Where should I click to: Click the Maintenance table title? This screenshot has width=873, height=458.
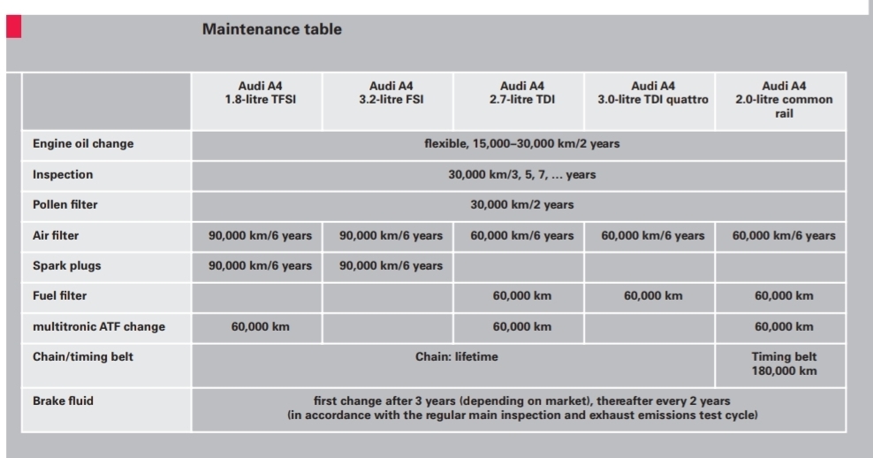271,29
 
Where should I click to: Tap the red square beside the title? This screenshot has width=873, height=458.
14,27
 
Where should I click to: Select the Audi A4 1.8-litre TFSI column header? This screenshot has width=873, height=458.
260,93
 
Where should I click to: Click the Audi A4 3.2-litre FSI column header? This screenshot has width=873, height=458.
391,93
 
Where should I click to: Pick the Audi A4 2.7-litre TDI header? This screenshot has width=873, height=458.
521,93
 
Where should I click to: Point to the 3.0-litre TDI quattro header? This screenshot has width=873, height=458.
652,93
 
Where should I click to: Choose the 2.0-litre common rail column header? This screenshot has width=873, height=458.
784,99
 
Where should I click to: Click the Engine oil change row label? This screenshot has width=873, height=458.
83,144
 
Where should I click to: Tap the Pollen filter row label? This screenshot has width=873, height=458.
65,204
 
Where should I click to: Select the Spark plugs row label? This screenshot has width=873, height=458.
67,266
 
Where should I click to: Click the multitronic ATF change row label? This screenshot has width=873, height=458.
99,326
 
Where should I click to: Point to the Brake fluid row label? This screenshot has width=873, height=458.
63,401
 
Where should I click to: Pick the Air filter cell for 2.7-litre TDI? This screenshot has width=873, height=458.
521,236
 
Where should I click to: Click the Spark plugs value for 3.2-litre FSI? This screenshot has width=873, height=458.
391,266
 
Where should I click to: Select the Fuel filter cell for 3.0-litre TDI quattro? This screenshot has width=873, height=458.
653,296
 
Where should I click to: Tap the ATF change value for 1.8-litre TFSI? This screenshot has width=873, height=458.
260,326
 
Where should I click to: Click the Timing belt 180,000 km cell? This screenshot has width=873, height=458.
784,364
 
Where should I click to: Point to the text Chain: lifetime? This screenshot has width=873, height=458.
457,356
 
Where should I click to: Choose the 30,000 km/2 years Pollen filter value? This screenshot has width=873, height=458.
521,204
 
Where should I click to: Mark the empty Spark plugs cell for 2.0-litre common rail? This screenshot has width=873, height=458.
780,267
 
